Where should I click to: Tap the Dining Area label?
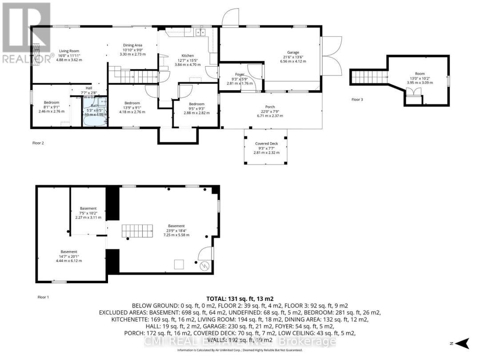click(132, 45)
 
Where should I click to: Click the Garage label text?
click(293, 52)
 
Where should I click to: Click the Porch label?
click(270, 107)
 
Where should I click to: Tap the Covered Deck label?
click(265, 144)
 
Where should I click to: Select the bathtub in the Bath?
click(94, 119)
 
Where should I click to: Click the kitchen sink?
click(200, 32)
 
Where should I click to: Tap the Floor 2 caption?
click(38, 143)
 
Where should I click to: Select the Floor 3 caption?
click(357, 100)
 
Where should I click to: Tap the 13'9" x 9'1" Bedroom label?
click(132, 103)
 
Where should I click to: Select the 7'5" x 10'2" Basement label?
click(88, 208)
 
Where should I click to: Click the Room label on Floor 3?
click(420, 74)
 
